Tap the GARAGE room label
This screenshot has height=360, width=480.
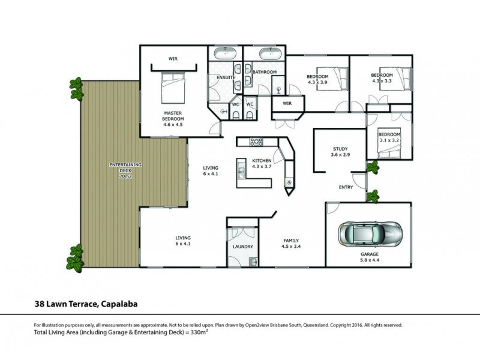(370, 254)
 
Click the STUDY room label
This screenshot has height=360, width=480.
(340, 149)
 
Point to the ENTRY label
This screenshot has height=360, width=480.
(346, 187)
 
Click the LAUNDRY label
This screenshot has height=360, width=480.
(242, 247)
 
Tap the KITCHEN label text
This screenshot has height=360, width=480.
(262, 161)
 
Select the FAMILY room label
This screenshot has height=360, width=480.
(291, 239)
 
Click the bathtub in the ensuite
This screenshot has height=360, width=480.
(226, 53)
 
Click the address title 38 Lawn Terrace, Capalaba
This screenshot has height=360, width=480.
(86, 304)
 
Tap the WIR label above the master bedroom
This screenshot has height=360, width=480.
(172, 59)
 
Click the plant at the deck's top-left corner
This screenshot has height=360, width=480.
(75, 83)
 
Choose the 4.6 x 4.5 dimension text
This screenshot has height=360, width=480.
(172, 125)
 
